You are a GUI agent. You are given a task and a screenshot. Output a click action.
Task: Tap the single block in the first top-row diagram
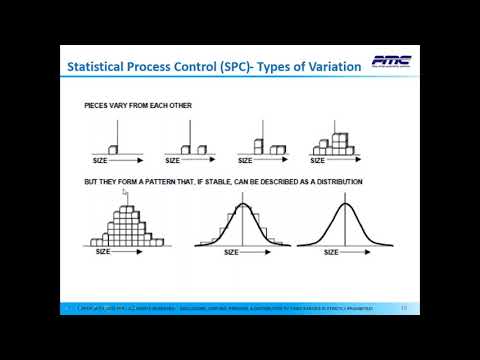tap(113, 150)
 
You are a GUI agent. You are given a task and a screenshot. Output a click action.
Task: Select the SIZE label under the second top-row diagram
tap(173, 160)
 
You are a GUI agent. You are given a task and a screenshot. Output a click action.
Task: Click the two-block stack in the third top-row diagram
tap(258, 147)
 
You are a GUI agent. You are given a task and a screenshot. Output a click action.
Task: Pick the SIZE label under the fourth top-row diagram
tap(320, 160)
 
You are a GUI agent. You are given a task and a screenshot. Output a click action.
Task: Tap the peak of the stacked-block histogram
tap(126, 208)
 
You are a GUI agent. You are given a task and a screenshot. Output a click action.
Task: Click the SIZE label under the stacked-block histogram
tap(102, 251)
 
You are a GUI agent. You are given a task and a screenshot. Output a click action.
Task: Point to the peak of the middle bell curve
tap(244, 204)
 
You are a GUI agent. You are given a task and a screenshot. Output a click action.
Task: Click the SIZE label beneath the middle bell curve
tap(231, 252)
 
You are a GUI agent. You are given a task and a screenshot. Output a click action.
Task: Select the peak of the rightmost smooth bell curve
tap(346, 204)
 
